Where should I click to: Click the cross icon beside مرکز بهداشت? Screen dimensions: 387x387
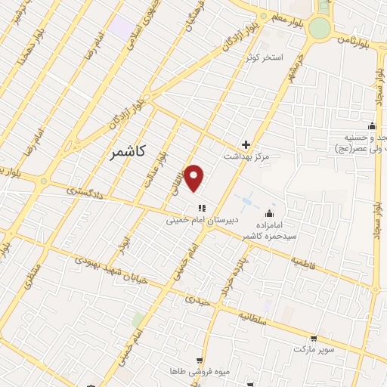(x=246, y=144)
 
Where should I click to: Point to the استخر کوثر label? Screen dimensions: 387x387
(x=263, y=57)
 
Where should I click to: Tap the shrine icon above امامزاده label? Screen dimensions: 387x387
(x=270, y=212)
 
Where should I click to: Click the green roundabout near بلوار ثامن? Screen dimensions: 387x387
(x=320, y=27)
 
